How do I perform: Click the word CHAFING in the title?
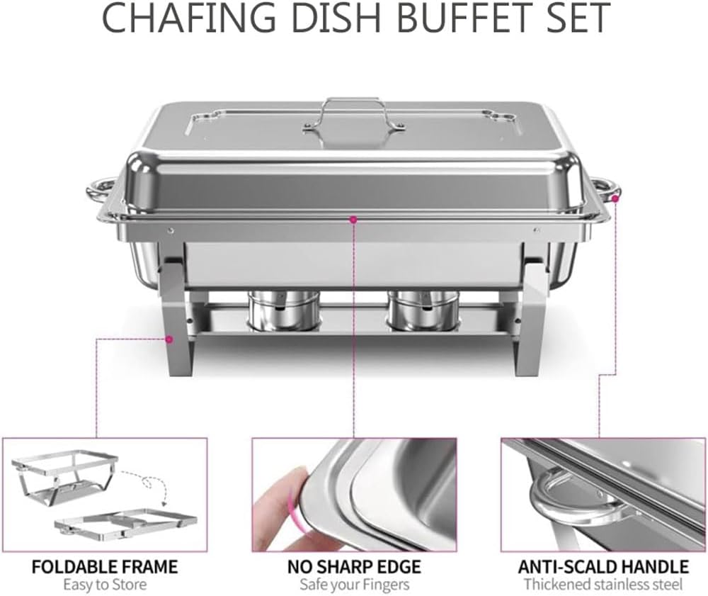tap(188, 18)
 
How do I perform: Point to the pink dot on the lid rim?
tap(353, 219)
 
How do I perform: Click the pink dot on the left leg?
tap(169, 339)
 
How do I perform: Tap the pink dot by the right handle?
tap(615, 198)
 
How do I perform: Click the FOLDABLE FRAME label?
tap(105, 566)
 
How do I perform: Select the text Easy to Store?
tap(105, 584)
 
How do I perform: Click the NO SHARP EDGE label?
tap(354, 566)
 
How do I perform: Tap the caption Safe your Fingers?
tap(355, 584)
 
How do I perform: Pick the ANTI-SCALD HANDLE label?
tap(603, 566)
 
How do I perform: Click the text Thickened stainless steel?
tap(603, 584)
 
